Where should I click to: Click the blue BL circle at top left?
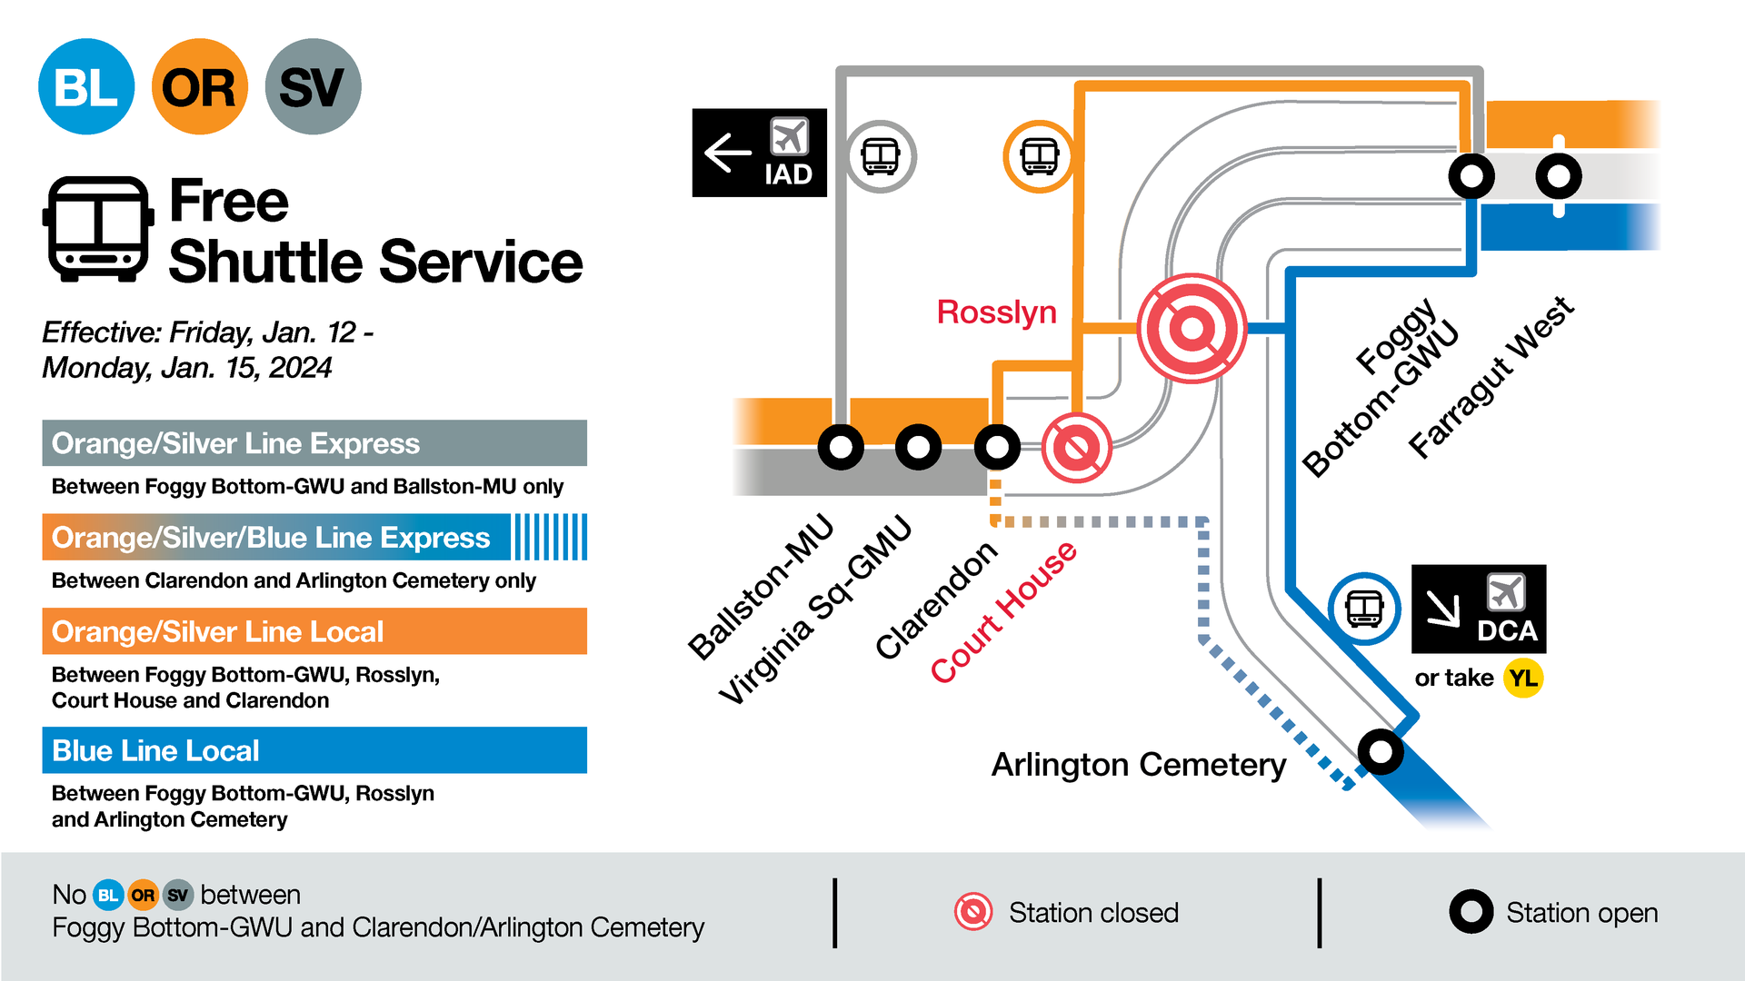(x=86, y=87)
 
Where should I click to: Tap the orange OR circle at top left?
(x=199, y=87)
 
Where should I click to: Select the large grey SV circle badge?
(x=313, y=87)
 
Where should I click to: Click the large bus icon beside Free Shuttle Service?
(x=97, y=229)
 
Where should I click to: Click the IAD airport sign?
(x=760, y=153)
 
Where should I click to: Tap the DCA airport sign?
(x=1479, y=609)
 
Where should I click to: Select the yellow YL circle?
(x=1523, y=679)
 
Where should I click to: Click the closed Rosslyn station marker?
(x=1192, y=328)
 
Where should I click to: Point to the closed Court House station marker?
(x=1076, y=447)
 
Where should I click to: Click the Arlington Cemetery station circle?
(x=1381, y=751)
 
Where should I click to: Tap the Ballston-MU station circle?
(x=841, y=447)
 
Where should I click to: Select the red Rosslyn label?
(x=996, y=312)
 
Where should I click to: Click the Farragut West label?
(x=1491, y=377)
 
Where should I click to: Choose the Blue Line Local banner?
(x=314, y=750)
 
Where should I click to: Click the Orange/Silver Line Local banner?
(x=314, y=631)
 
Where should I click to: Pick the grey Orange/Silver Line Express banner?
(x=314, y=443)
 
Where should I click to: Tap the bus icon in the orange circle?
(x=1039, y=156)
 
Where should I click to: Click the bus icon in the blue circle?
(x=1364, y=609)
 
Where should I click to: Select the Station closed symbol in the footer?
(x=973, y=912)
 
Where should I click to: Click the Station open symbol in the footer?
(x=1471, y=912)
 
